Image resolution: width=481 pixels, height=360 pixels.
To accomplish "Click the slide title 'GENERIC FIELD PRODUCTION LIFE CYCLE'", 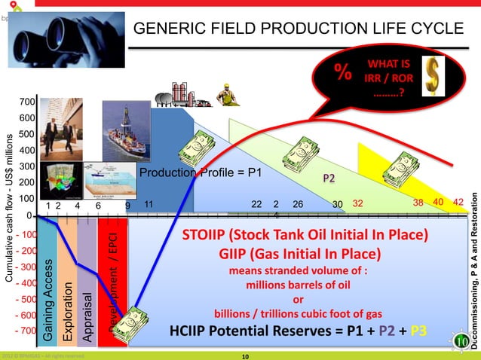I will point(299,29).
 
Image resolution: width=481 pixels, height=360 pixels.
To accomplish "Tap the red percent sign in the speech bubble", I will point(344,74).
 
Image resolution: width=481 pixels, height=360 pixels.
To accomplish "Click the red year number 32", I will point(358,203).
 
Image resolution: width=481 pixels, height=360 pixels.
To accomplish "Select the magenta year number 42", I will point(458,203).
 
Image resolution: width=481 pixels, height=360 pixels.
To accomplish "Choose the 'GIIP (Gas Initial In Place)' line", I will point(299,253).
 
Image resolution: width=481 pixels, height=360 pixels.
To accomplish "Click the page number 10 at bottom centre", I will point(244,355).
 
